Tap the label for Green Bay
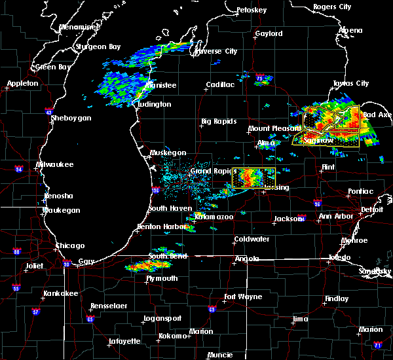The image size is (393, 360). tap(54, 67)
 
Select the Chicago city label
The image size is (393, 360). tap(70, 245)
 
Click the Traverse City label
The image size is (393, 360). tap(217, 51)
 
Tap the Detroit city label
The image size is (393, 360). tap(372, 209)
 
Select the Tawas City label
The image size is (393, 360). tap(351, 83)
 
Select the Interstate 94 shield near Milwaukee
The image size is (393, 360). tap(19, 170)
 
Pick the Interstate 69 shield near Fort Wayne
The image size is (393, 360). tap(212, 309)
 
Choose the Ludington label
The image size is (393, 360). tap(155, 104)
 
